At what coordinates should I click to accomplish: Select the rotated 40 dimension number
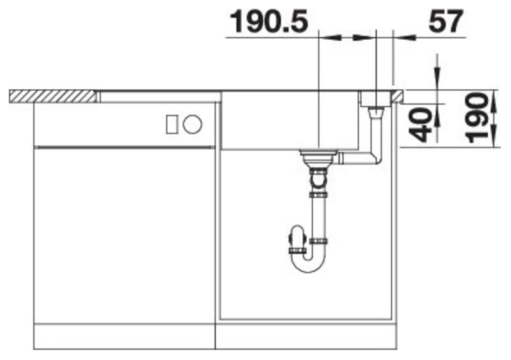click(x=423, y=125)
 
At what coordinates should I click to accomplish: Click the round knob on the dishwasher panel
click(x=193, y=124)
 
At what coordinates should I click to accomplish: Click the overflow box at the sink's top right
click(x=376, y=98)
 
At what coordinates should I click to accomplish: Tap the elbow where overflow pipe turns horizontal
click(x=375, y=157)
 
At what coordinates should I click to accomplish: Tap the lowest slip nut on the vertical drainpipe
click(x=318, y=241)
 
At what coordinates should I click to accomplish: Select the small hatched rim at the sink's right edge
click(x=398, y=96)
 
